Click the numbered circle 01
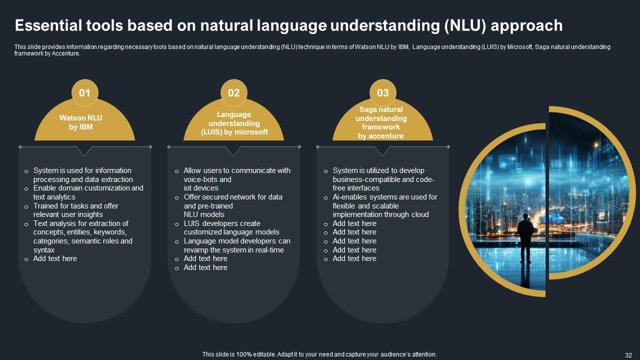pyautogui.click(x=84, y=93)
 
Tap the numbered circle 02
pyautogui.click(x=233, y=93)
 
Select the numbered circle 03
pyautogui.click(x=382, y=93)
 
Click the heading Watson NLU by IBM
pyautogui.click(x=80, y=122)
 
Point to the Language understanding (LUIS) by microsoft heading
pyautogui.click(x=234, y=123)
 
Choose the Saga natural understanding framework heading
pyautogui.click(x=381, y=122)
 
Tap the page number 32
pyautogui.click(x=629, y=354)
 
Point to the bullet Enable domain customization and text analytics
pyautogui.click(x=88, y=192)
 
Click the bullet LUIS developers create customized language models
pyautogui.click(x=231, y=227)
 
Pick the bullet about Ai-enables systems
pyautogui.click(x=384, y=205)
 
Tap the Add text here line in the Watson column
pyautogui.click(x=55, y=258)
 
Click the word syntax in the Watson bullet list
pyautogui.click(x=44, y=250)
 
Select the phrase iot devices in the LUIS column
pyautogui.click(x=201, y=188)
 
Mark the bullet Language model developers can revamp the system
pyautogui.click(x=236, y=245)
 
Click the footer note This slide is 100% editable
pyautogui.click(x=319, y=354)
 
